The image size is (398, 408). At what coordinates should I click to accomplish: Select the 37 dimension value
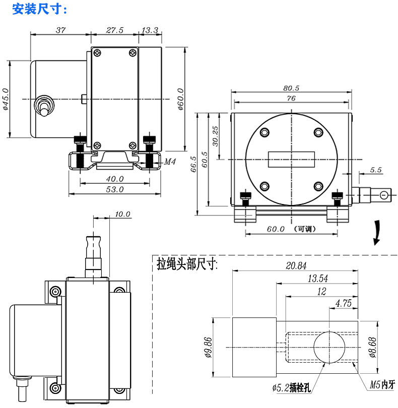[60, 30]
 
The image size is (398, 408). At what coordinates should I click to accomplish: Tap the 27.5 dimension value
[114, 30]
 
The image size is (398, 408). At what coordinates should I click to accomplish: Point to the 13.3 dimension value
[150, 30]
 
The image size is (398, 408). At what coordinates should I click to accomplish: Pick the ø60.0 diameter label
[180, 99]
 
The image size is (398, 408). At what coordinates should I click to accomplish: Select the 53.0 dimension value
[115, 189]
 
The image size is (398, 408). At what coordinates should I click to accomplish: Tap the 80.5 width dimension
[291, 88]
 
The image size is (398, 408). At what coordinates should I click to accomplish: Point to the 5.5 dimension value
[376, 170]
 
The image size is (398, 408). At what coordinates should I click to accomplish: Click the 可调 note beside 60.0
[304, 229]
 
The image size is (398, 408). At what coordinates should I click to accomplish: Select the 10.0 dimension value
[122, 214]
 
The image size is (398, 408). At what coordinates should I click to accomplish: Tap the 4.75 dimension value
[343, 303]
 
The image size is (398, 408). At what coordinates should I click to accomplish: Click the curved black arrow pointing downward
[376, 233]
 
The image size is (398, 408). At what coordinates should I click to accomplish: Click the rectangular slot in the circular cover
[291, 160]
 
